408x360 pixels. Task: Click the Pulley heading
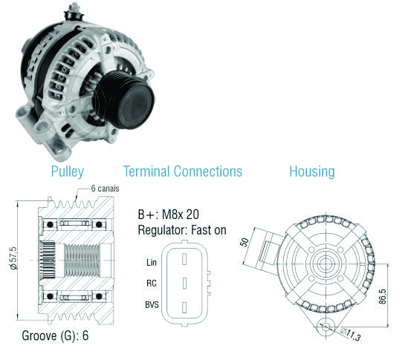(68, 171)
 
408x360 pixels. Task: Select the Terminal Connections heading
(183, 171)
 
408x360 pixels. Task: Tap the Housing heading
(312, 171)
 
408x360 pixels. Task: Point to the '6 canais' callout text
(105, 189)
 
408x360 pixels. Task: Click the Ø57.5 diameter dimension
(13, 258)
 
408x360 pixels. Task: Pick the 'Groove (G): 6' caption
(55, 336)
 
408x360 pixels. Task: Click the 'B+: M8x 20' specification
(169, 215)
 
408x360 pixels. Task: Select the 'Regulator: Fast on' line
(182, 230)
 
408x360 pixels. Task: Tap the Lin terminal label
(152, 262)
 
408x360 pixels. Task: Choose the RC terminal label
(152, 283)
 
